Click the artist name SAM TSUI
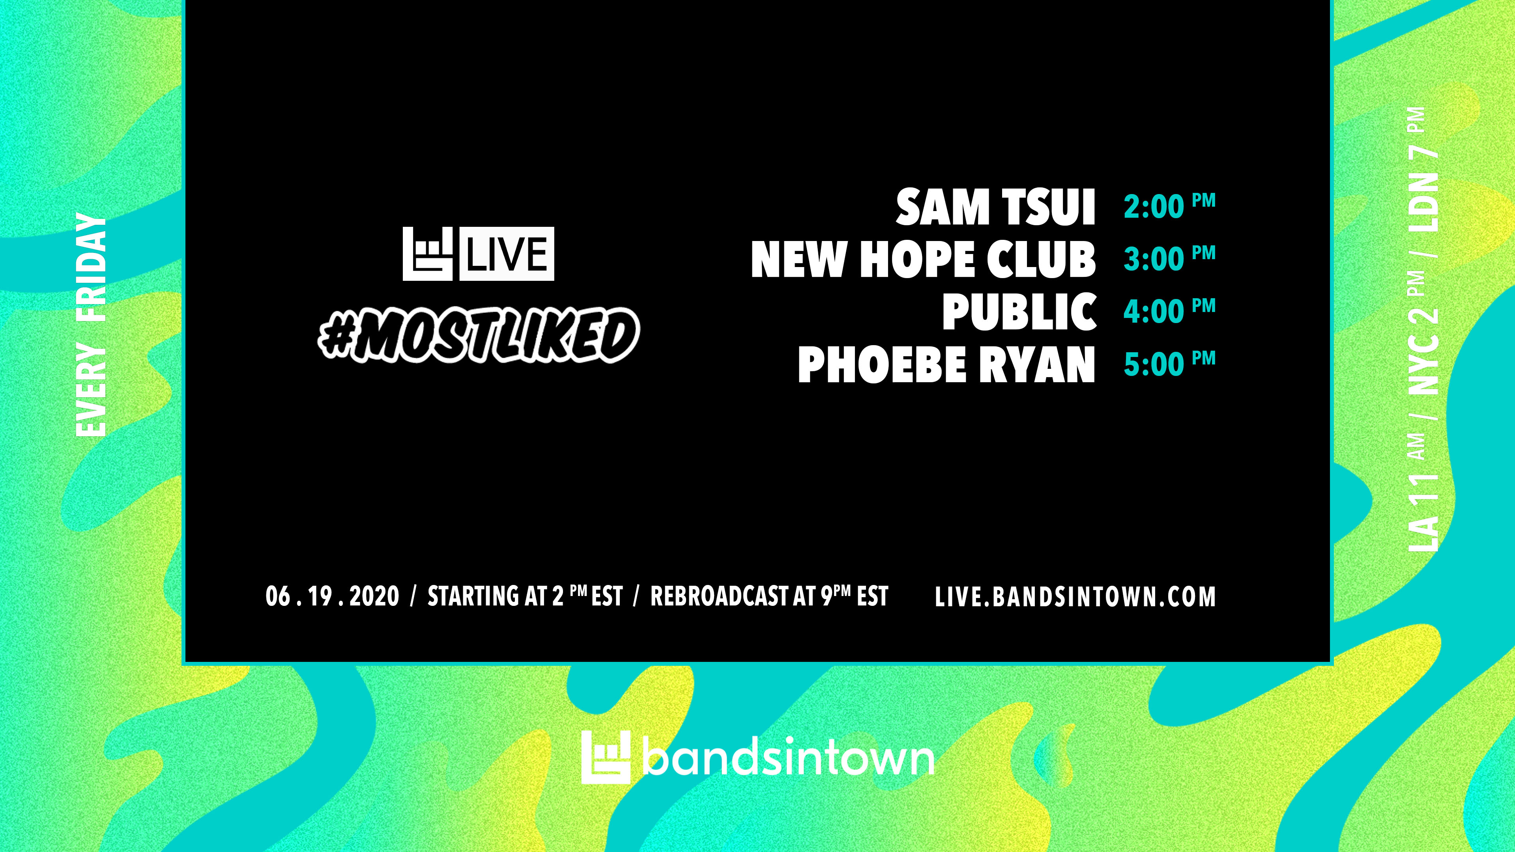point(995,207)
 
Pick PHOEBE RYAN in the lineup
point(946,364)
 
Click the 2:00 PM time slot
point(1169,206)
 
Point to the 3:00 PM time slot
point(1169,258)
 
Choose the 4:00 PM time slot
point(1169,310)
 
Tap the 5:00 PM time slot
point(1169,363)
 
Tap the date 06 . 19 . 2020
point(332,596)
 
